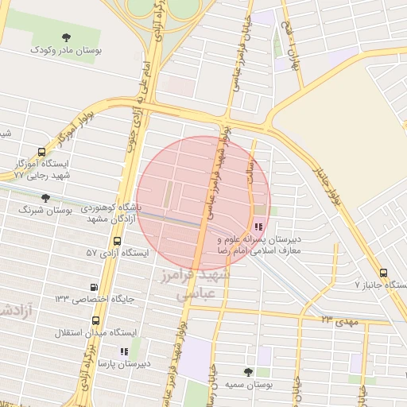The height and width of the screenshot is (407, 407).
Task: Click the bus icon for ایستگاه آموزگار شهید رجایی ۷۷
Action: (41, 152)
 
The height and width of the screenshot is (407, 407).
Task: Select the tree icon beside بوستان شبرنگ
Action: (45, 197)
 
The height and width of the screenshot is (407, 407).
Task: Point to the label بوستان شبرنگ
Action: (45, 211)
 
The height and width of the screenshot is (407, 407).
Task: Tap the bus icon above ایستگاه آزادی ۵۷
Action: (118, 241)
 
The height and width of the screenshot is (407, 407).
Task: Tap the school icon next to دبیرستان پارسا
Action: (123, 351)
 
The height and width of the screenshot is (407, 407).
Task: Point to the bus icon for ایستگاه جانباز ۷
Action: (385, 272)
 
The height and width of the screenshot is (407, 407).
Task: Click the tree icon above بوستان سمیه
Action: (249, 371)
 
